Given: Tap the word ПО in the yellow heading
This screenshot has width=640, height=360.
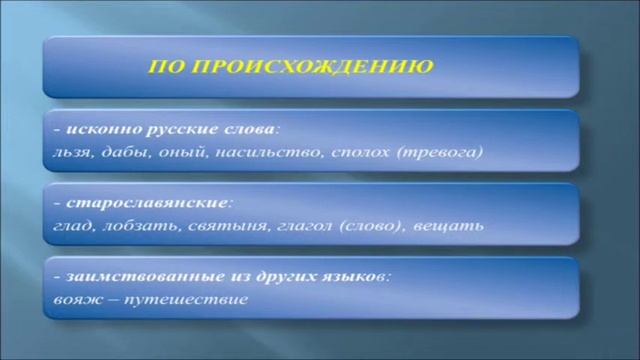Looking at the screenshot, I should point(164,68).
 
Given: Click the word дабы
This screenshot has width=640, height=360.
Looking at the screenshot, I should point(119,152).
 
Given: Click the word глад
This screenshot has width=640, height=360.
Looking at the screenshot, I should point(71,224).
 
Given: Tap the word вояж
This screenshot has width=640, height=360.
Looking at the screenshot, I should point(74,298).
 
